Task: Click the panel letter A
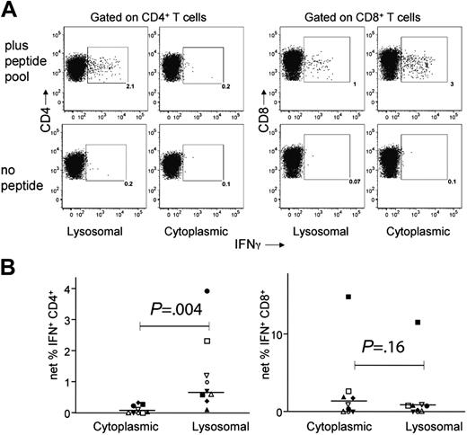click(10, 11)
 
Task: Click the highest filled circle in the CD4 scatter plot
click(207, 291)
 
